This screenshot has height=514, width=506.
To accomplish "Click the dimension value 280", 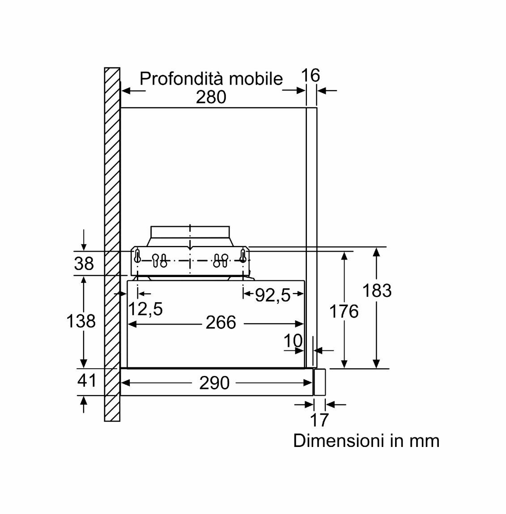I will click(211, 97).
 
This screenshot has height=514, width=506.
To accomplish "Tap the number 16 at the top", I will click(310, 76).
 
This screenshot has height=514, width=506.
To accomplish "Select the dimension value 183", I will click(377, 291).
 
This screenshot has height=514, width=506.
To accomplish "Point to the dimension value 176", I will click(344, 311).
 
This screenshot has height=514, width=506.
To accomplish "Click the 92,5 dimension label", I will click(272, 295).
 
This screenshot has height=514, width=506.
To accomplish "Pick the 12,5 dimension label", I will click(145, 308).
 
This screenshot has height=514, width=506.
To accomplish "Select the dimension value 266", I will click(221, 322).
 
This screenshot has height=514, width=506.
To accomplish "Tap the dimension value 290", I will click(214, 383).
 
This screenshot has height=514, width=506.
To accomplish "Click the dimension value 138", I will click(81, 321).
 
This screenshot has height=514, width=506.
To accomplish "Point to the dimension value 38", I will click(84, 264).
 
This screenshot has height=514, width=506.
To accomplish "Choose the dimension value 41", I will click(87, 380).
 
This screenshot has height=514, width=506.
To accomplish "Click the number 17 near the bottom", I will click(319, 420).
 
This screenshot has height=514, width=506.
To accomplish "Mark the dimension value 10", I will click(293, 341).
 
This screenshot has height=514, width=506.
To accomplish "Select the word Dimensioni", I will click(340, 441).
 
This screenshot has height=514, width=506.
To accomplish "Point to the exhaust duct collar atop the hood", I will click(190, 233).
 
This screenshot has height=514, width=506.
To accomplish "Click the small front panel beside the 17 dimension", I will click(319, 382).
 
